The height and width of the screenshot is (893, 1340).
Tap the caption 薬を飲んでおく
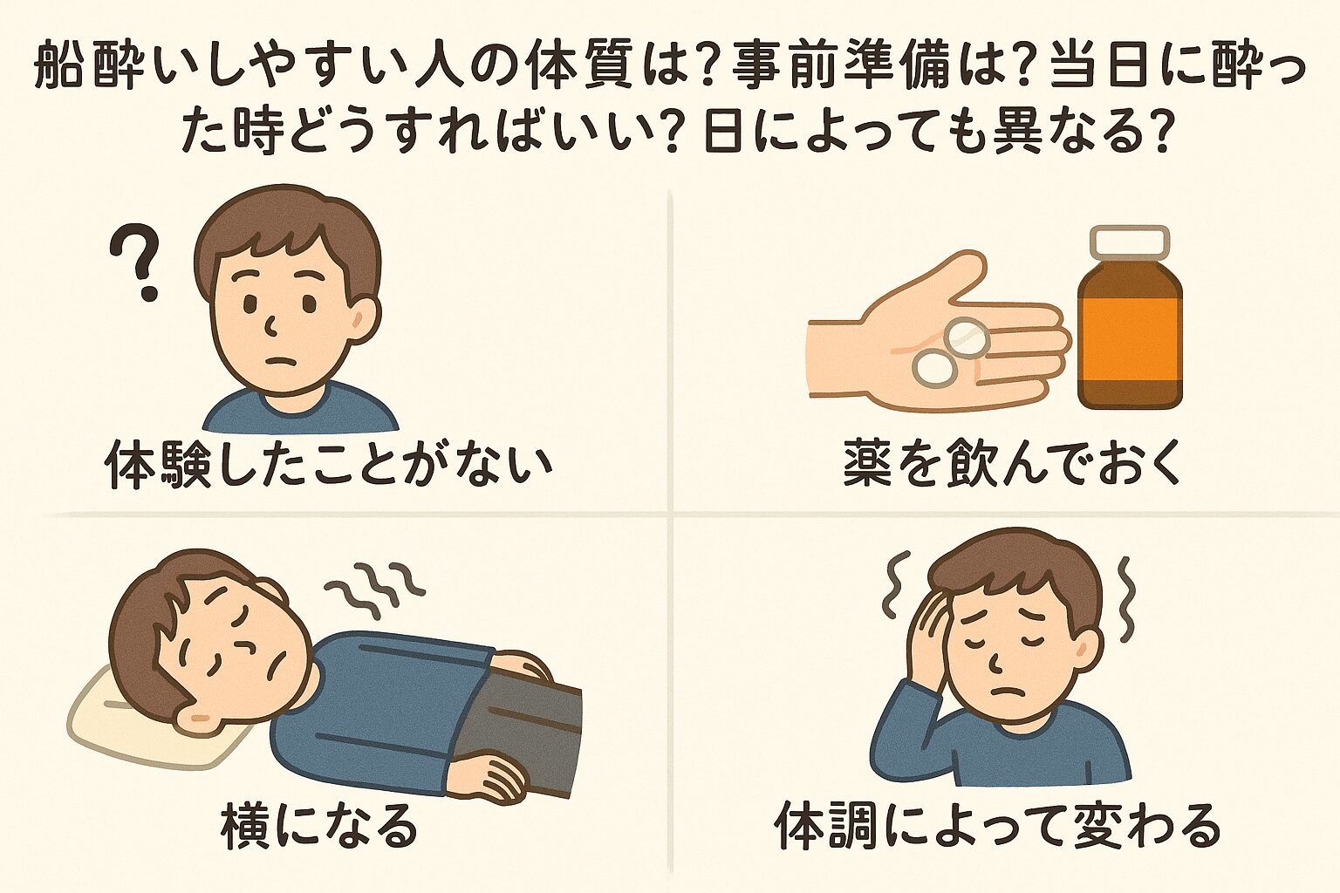point(1012,465)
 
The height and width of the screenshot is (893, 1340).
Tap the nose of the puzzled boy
point(272,327)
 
